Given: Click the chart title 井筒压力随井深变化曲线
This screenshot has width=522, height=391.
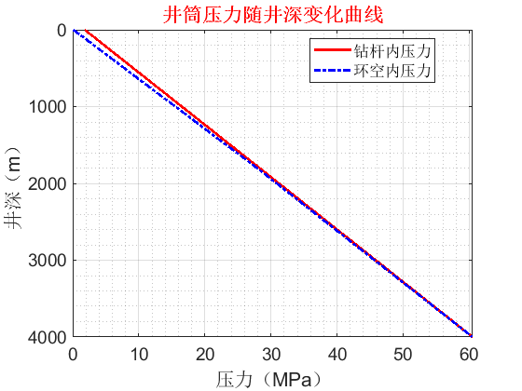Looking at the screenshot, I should point(273,14).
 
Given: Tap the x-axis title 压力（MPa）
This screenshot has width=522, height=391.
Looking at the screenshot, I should point(273,379).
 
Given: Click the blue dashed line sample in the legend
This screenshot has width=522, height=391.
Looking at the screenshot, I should point(332,70).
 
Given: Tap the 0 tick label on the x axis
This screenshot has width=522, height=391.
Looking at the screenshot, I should point(73,353).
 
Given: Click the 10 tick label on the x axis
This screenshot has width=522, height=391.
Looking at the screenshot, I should point(139,353).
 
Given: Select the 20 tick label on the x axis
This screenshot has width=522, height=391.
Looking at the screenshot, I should point(205,353).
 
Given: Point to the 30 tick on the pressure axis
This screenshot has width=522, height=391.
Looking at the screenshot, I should point(272,353).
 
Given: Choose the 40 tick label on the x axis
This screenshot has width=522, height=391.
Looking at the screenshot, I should point(338,353).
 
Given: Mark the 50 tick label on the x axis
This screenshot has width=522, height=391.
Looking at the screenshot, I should point(405,353).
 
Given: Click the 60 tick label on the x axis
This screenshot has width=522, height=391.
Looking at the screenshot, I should point(471,353).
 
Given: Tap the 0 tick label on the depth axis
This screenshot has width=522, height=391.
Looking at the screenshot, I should point(61,30).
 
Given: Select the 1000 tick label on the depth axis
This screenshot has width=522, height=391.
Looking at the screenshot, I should point(47,106).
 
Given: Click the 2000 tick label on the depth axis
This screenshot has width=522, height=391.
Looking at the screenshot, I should point(47,182).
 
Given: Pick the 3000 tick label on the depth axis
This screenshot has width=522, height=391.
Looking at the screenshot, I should point(47,259).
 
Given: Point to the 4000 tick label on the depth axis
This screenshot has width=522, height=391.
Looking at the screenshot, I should point(47,335).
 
